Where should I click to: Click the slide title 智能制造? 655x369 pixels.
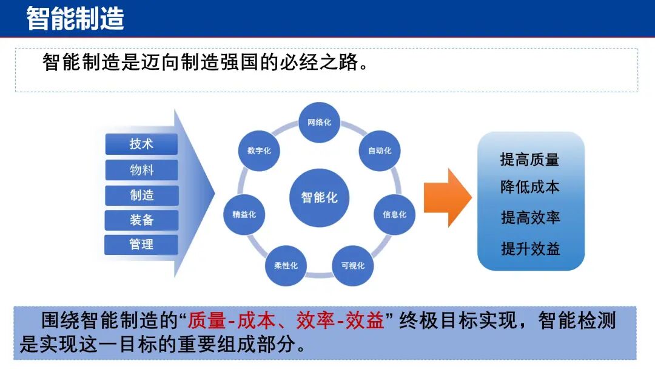pos(75,18)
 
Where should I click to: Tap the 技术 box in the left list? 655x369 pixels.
pos(141,144)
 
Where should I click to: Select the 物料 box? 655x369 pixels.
pos(141,170)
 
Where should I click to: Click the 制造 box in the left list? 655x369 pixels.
pos(141,195)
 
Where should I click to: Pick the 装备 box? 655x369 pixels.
pos(141,220)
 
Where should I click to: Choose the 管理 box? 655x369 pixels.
pos(141,245)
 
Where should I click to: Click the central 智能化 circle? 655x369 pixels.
pos(319,197)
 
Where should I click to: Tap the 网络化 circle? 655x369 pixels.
pos(319,123)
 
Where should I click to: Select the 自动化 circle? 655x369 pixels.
pos(380,151)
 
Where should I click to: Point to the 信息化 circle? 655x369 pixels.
pos(394,214)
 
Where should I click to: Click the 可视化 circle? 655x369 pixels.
pos(352,266)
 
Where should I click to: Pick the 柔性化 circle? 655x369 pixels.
pos(286,266)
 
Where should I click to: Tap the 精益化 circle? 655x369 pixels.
pos(244,214)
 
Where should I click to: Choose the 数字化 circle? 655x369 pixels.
pos(259,151)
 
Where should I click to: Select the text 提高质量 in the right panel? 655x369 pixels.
pos(529,160)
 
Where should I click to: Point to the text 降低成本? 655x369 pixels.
pos(529,187)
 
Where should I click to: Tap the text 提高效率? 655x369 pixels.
pos(529,217)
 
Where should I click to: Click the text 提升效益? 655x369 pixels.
pos(529,248)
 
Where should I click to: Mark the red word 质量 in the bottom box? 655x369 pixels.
pos(207,321)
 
